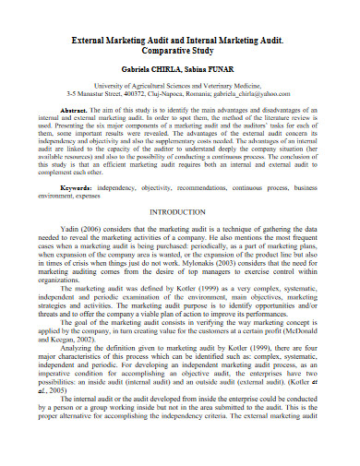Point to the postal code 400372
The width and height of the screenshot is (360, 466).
coord(148,93)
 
